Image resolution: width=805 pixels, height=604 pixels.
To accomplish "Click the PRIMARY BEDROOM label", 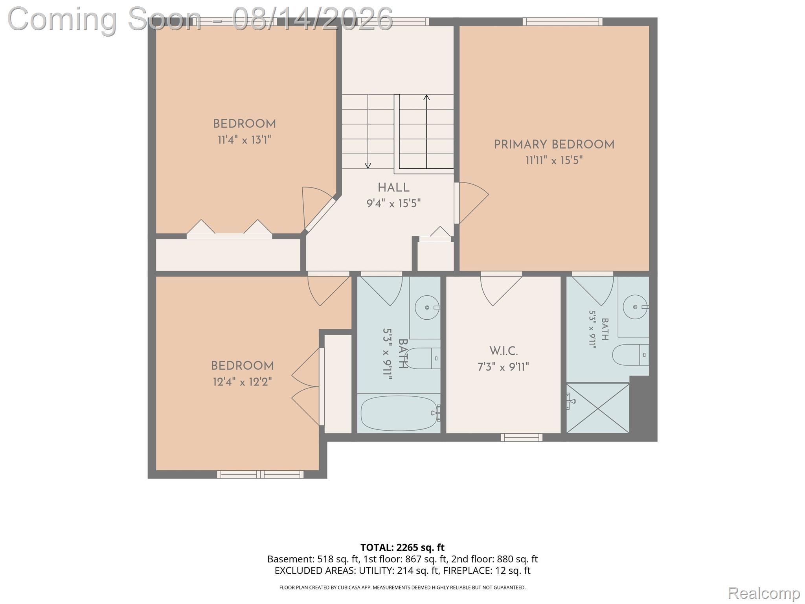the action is (x=554, y=145).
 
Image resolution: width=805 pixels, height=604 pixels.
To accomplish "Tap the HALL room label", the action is (x=393, y=188).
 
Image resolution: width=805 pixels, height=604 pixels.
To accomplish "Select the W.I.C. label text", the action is (x=503, y=351).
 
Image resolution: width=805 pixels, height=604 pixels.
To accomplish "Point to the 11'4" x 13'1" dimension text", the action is (x=244, y=140).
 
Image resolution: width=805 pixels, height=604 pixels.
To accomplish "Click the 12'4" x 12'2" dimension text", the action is (x=242, y=382).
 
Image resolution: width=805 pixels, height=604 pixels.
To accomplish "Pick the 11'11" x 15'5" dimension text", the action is (x=554, y=160).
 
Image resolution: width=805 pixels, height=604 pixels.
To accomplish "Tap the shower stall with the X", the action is (x=597, y=408).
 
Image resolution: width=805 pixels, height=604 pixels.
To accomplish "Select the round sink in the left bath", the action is (x=427, y=308).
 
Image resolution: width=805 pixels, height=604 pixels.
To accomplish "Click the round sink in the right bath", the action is (x=635, y=307).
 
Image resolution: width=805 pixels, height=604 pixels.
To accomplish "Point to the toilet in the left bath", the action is (x=422, y=358).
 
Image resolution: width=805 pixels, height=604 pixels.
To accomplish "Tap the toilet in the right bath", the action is (x=630, y=355).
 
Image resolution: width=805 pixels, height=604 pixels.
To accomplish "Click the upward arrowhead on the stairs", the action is (x=426, y=97).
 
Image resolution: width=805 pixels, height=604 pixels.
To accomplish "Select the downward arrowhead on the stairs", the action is (x=368, y=166).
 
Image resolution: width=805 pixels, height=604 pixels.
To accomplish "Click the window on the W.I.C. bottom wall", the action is (x=522, y=437).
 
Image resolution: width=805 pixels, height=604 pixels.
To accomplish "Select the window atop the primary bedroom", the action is (x=562, y=22).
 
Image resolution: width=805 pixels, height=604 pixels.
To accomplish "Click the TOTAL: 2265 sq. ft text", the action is (x=402, y=547).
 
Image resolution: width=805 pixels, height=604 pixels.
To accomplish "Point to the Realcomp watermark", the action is (x=764, y=593).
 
